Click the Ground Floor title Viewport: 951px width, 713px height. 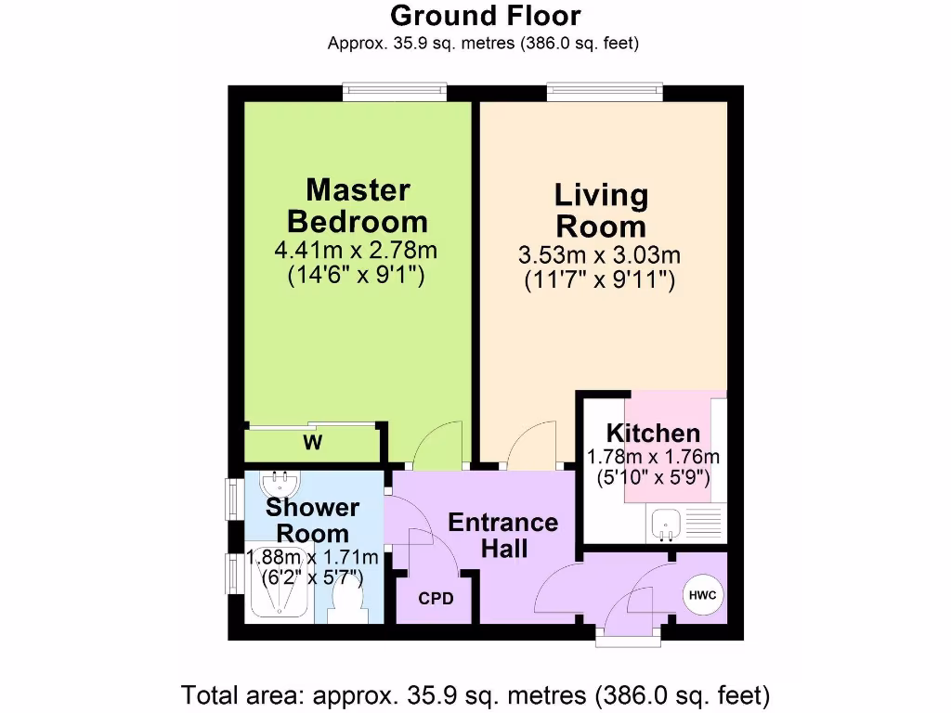pyautogui.click(x=485, y=16)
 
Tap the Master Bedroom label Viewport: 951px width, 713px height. pyautogui.click(x=358, y=206)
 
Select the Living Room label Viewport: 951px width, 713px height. pyautogui.click(x=601, y=211)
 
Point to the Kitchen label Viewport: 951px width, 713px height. pyautogui.click(x=653, y=433)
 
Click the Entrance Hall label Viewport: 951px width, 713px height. pyautogui.click(x=502, y=535)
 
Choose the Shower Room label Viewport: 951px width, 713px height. pyautogui.click(x=312, y=520)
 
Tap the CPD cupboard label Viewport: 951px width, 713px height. pyautogui.click(x=436, y=599)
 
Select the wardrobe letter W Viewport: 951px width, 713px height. pyautogui.click(x=313, y=444)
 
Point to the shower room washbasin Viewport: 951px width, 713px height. pyautogui.click(x=280, y=484)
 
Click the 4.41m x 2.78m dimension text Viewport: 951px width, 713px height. pyautogui.click(x=356, y=250)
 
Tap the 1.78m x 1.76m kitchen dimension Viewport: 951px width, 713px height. pyautogui.click(x=653, y=457)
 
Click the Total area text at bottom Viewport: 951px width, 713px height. pyautogui.click(x=476, y=694)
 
